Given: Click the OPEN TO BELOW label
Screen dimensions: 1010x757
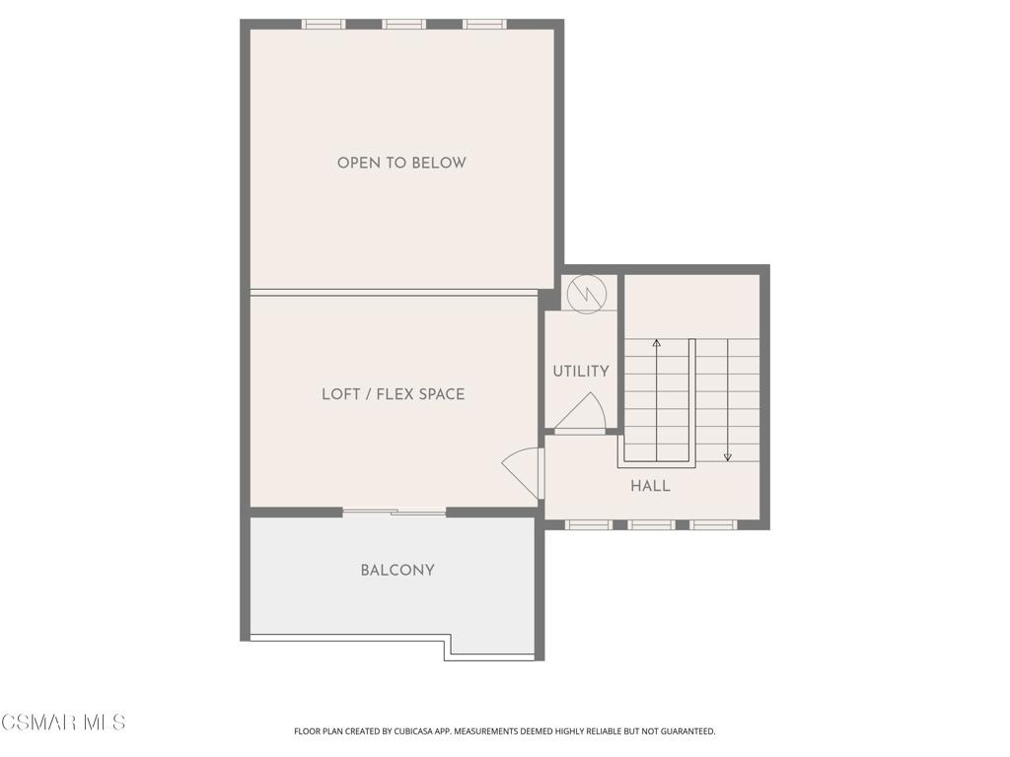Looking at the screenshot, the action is click(x=401, y=163).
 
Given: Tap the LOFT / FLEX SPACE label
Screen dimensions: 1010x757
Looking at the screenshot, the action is click(x=393, y=394).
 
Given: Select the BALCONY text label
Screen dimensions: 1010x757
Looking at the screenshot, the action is click(x=397, y=571).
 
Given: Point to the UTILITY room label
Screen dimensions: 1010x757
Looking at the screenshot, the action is click(x=581, y=372).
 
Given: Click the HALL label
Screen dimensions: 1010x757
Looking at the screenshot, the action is click(x=651, y=486).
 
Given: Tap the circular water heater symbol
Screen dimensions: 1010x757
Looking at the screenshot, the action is click(x=587, y=295).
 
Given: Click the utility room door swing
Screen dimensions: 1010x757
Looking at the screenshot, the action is click(x=580, y=412).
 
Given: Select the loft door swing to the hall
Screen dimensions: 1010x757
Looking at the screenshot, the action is click(x=522, y=473).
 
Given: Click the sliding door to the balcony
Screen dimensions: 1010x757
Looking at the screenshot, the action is click(x=394, y=513).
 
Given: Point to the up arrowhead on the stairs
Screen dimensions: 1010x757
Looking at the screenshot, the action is click(x=656, y=343).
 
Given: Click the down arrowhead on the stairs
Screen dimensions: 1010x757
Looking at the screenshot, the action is click(x=728, y=457).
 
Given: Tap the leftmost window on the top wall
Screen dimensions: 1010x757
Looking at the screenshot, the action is click(x=324, y=25).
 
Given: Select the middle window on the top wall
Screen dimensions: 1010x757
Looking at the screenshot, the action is click(x=403, y=25).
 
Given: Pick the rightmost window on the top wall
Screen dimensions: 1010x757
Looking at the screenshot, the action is click(x=484, y=25).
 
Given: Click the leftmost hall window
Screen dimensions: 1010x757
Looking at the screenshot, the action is click(x=589, y=525).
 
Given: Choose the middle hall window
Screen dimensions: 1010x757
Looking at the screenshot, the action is click(x=651, y=525).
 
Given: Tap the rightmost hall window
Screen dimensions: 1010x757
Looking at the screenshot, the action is click(x=714, y=525).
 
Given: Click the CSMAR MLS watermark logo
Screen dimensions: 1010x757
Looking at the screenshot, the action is click(x=63, y=723).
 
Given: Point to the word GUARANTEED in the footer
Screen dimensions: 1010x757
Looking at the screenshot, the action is click(x=688, y=731).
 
